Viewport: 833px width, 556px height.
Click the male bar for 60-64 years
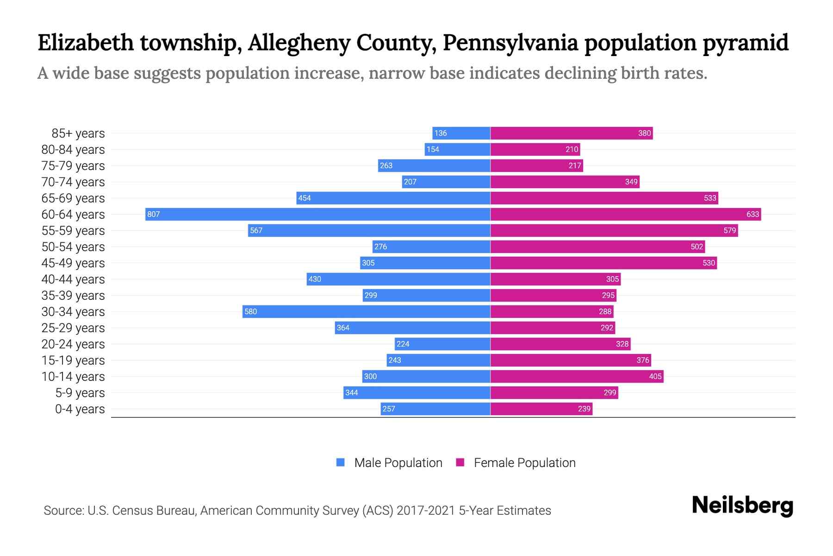coord(317,214)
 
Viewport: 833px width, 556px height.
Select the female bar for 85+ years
coord(571,133)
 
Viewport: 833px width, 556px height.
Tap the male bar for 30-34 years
coord(366,311)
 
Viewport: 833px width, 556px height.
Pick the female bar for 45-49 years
coord(603,263)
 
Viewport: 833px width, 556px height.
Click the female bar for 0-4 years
coord(541,409)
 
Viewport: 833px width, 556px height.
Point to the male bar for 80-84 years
coord(457,149)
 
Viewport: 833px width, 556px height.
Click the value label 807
coord(153,214)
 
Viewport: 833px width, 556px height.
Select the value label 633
coord(752,214)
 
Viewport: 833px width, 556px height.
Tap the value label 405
coord(655,376)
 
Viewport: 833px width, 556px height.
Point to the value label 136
coord(440,133)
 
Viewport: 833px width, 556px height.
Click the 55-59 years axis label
coord(73,230)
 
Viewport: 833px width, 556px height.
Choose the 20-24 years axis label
coord(73,344)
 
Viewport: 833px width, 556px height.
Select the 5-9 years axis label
coord(80,392)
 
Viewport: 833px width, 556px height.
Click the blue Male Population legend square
coord(341,462)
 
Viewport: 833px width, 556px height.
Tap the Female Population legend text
coord(524,462)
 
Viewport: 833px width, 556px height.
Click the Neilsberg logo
coord(742,505)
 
